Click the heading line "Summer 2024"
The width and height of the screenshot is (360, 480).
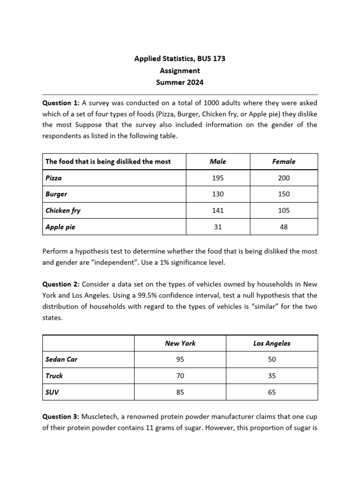pos(180,82)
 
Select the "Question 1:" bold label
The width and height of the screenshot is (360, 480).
pos(61,103)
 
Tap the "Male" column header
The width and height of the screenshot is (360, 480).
pos(218,161)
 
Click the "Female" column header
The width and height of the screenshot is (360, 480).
pos(284,161)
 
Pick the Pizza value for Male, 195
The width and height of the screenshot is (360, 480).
pos(218,178)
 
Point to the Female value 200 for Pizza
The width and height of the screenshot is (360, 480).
pos(284,178)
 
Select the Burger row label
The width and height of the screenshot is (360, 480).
pos(56,194)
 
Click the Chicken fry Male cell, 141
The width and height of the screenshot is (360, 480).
pos(218,210)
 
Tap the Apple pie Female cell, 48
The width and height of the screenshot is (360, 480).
pos(284,227)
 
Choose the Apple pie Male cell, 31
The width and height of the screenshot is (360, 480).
pos(218,227)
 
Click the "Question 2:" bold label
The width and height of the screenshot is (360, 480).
pos(61,284)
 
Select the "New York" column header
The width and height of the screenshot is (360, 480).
pos(180,343)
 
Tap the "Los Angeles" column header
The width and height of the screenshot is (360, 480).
pos(272,343)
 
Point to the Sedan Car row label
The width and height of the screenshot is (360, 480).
pos(61,360)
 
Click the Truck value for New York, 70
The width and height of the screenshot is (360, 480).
pos(180,376)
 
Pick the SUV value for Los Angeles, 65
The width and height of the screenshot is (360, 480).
pos(272,392)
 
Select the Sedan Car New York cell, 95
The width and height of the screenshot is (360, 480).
pos(180,360)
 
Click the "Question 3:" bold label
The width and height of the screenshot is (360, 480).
pos(61,416)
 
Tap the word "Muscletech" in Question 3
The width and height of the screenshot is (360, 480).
pos(100,416)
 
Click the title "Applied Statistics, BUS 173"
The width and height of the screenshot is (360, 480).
pos(180,59)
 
